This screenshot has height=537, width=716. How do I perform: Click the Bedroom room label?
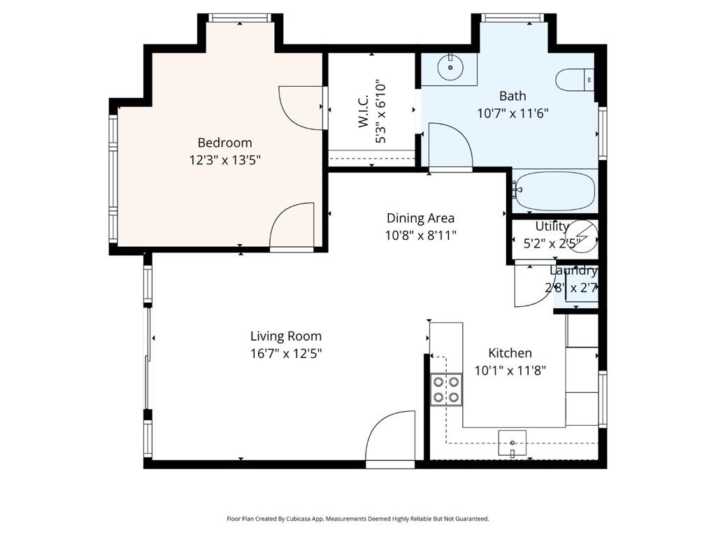(x=224, y=143)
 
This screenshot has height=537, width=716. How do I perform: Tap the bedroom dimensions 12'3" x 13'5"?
(x=224, y=159)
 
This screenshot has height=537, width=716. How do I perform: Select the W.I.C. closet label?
(x=364, y=113)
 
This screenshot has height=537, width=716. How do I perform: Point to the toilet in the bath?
(x=573, y=80)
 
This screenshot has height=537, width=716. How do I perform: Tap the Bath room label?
(x=512, y=96)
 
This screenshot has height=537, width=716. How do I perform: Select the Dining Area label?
(x=420, y=217)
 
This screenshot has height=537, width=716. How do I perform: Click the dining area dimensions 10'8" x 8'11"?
(x=420, y=235)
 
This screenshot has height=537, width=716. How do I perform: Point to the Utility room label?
(x=552, y=227)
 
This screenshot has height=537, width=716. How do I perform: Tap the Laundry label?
(x=573, y=271)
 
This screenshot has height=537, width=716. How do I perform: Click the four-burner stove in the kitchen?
(x=446, y=389)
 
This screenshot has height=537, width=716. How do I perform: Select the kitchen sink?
(x=513, y=443)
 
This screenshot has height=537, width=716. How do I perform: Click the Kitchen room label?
(x=510, y=353)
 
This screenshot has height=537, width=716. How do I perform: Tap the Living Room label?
(x=286, y=336)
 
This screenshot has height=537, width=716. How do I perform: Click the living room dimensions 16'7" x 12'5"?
(x=286, y=354)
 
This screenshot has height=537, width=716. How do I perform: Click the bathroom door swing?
(x=448, y=146)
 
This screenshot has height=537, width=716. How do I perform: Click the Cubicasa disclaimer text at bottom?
(x=357, y=519)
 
